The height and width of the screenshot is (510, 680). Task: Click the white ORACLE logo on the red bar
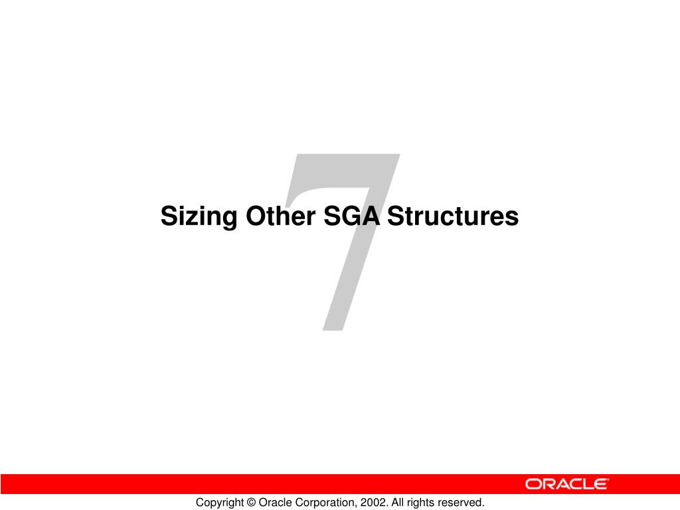pyautogui.click(x=566, y=484)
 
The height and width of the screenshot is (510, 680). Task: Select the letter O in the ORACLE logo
pyautogui.click(x=533, y=484)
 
